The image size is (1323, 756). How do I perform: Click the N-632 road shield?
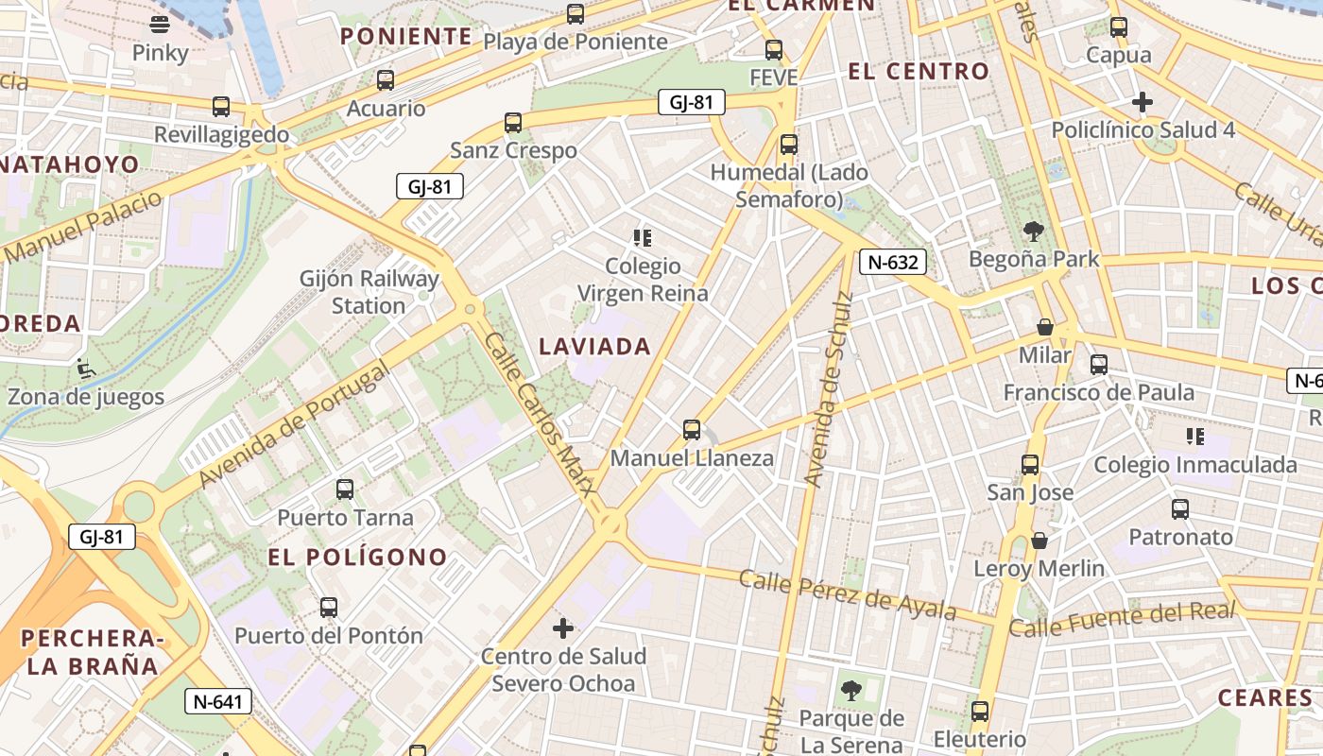(892, 262)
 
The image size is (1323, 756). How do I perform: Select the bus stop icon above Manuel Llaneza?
(692, 430)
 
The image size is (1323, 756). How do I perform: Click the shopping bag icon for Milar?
(1045, 327)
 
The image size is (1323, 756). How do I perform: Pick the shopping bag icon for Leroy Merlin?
(1039, 541)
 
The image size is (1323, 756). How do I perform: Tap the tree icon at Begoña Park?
(1034, 231)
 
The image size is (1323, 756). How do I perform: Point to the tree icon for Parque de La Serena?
(850, 690)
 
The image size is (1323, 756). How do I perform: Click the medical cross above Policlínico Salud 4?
(1143, 101)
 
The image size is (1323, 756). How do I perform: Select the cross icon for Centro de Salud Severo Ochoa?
(563, 627)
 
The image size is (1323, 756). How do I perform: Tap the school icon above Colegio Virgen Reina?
(643, 237)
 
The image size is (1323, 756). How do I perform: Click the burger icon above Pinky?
(160, 25)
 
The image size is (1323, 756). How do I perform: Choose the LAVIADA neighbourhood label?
(595, 347)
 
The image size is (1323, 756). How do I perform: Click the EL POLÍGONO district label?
(357, 557)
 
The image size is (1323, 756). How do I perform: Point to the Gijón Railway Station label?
(369, 292)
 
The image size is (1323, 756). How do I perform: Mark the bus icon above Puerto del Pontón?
(329, 608)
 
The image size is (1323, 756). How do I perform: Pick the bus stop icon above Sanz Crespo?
(513, 123)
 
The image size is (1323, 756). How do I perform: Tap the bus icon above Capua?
(1119, 27)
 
